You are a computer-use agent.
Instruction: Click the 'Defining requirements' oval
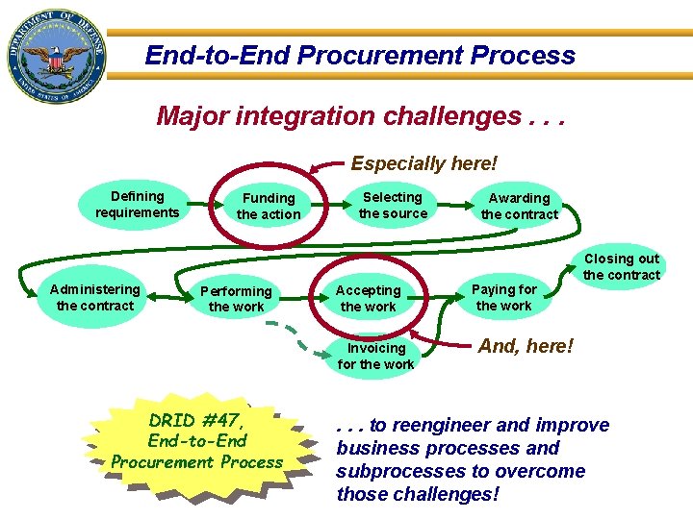(137, 204)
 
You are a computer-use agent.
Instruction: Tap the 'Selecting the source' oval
(393, 204)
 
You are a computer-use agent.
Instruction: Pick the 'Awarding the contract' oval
(519, 206)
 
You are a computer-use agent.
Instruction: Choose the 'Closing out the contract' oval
(622, 266)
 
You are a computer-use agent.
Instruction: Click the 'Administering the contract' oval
(94, 297)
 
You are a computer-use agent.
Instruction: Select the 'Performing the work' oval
(236, 298)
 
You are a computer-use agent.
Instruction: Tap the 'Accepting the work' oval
(368, 298)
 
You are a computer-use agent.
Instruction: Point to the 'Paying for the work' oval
(503, 297)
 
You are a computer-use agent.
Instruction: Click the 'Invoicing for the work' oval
(375, 356)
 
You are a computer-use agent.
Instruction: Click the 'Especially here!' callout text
(423, 164)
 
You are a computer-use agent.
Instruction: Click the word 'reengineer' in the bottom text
(442, 425)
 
